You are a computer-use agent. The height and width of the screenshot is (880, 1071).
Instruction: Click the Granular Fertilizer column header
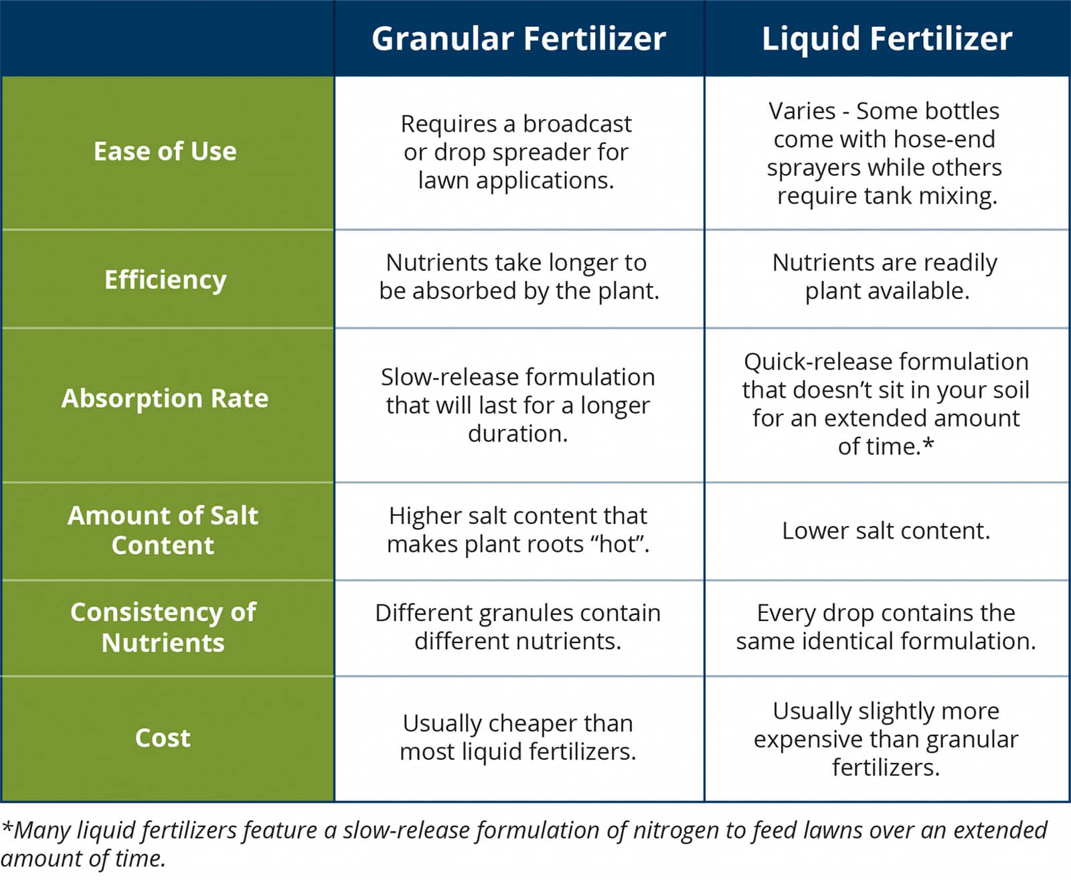click(519, 39)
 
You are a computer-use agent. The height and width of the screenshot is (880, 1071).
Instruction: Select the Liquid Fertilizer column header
click(887, 39)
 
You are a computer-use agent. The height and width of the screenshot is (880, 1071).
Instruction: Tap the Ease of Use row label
click(165, 151)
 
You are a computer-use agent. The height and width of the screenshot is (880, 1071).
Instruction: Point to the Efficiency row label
click(165, 280)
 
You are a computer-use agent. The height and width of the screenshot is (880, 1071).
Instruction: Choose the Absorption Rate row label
click(165, 398)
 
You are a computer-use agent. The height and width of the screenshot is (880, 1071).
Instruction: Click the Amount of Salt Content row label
click(163, 530)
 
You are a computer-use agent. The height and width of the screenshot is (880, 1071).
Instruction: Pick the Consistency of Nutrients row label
click(163, 627)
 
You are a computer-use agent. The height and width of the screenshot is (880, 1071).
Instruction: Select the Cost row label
click(163, 737)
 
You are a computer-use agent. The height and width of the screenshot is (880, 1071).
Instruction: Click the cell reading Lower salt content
click(886, 531)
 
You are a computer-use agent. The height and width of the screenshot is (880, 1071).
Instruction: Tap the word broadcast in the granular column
click(578, 124)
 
